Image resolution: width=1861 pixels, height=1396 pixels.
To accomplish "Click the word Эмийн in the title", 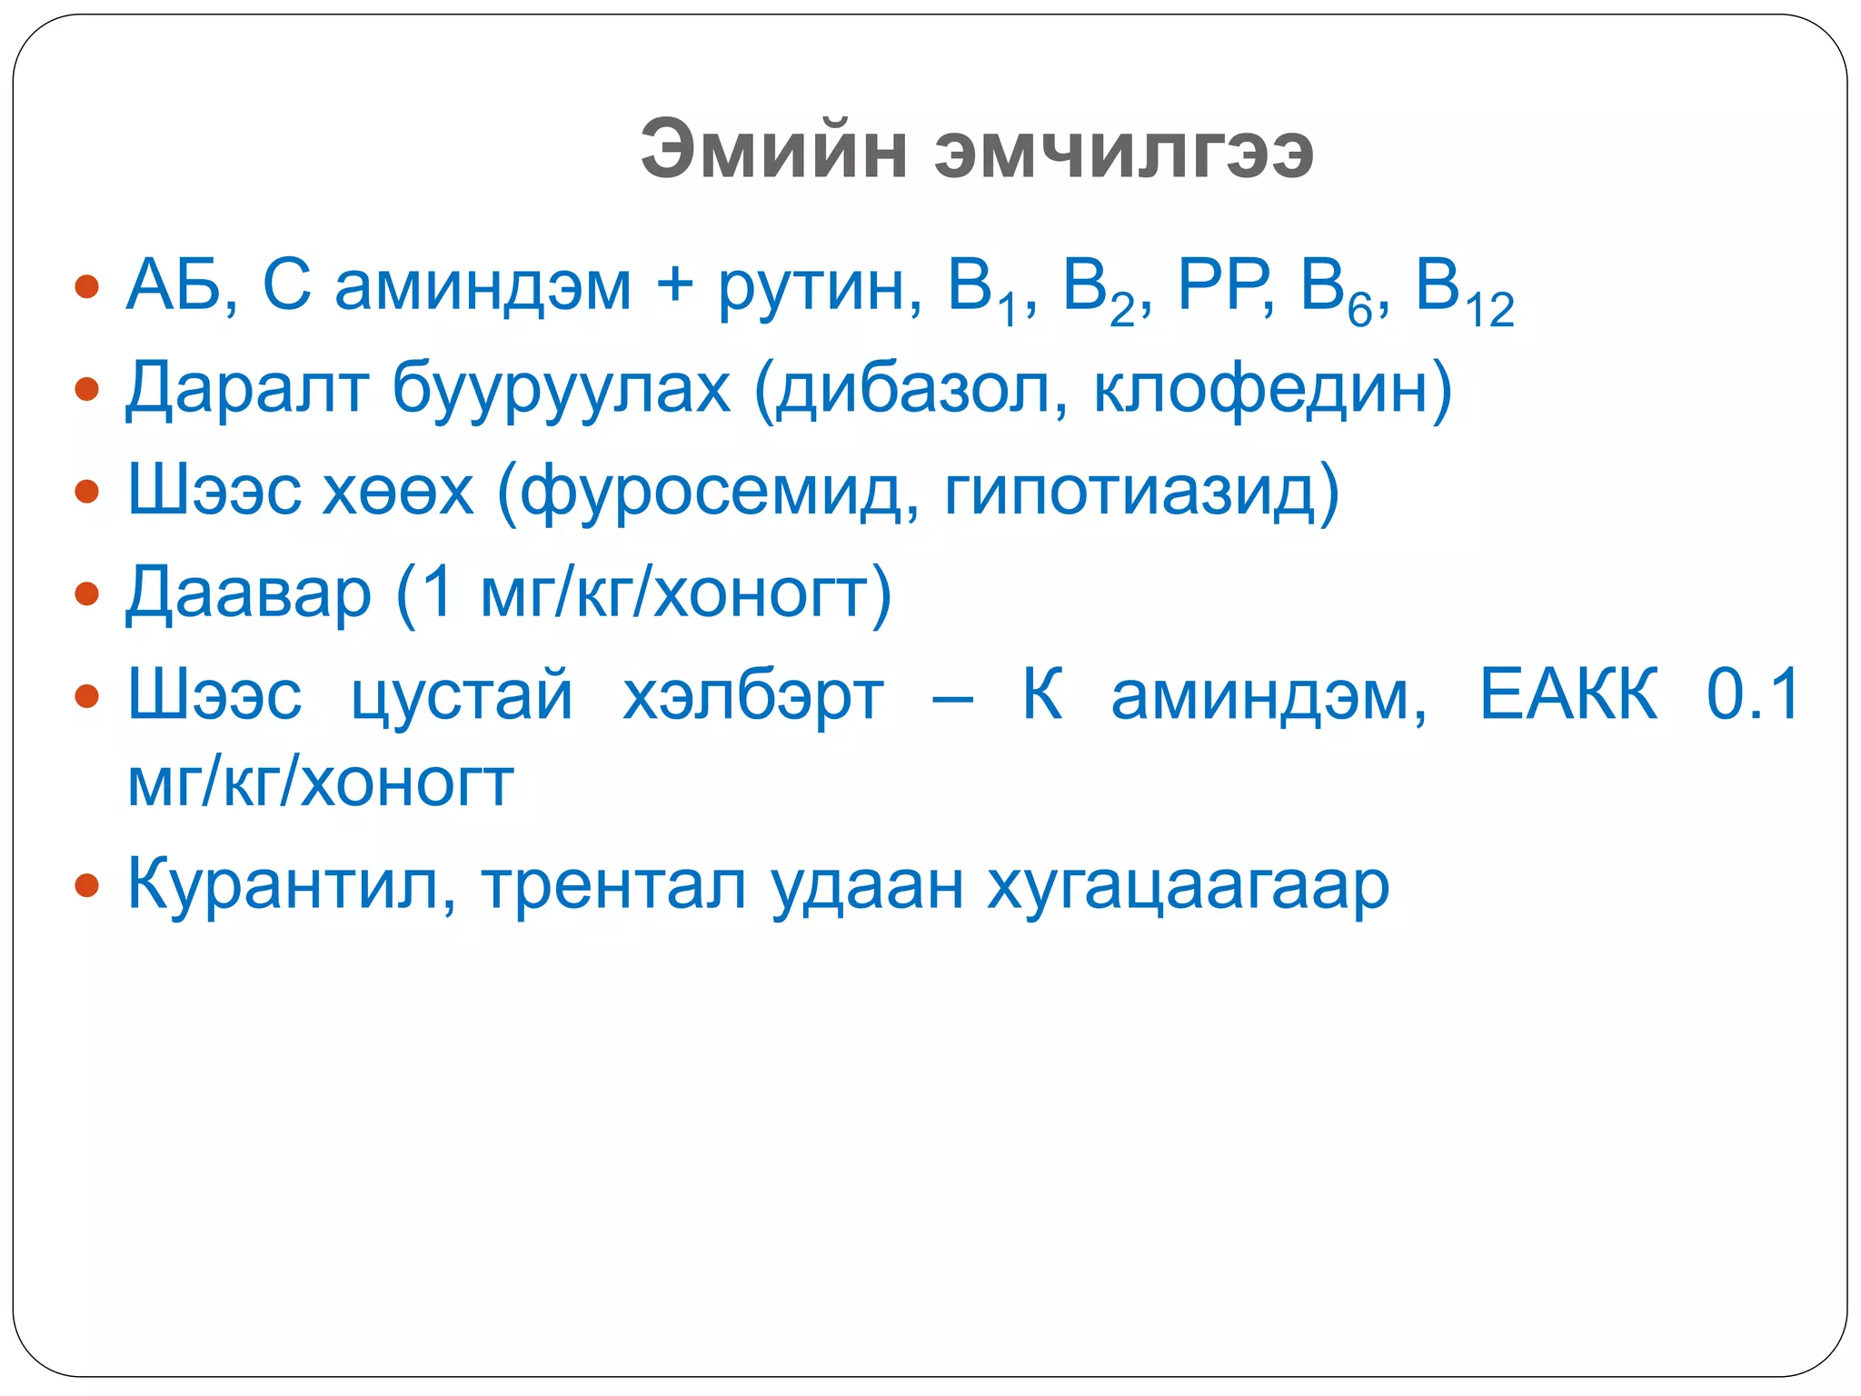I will (773, 150).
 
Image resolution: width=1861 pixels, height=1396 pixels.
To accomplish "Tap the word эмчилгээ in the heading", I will (1123, 150).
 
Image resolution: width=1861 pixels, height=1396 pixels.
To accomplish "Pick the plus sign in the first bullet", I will (674, 285).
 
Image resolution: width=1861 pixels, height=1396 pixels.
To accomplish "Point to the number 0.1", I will (1752, 694).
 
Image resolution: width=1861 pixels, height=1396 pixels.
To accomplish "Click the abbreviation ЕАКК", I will (1568, 694).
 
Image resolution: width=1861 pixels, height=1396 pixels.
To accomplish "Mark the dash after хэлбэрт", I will (952, 699).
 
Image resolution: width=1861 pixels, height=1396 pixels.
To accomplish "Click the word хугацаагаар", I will (1189, 886).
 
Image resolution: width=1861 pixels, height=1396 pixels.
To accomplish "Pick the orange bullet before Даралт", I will (86, 390).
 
